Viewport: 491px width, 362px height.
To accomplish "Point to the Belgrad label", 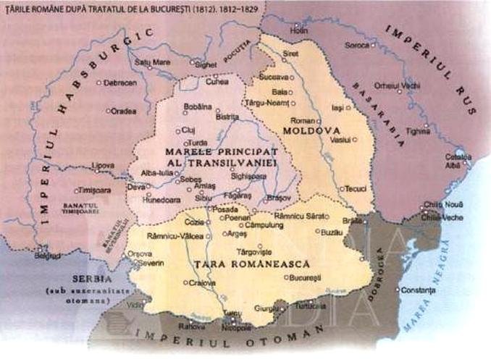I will [48, 256].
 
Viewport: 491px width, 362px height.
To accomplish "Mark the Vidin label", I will [135, 307].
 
